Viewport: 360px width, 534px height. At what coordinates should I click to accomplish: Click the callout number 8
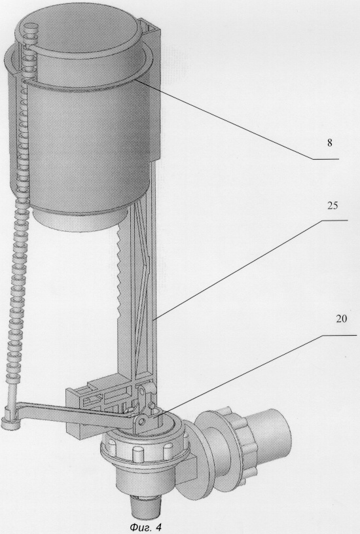(x=329, y=143)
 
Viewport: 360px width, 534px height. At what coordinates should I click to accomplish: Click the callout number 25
(x=332, y=206)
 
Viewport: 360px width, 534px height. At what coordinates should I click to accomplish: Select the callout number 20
(x=342, y=319)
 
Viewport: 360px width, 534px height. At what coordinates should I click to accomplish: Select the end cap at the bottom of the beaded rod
(x=10, y=423)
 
